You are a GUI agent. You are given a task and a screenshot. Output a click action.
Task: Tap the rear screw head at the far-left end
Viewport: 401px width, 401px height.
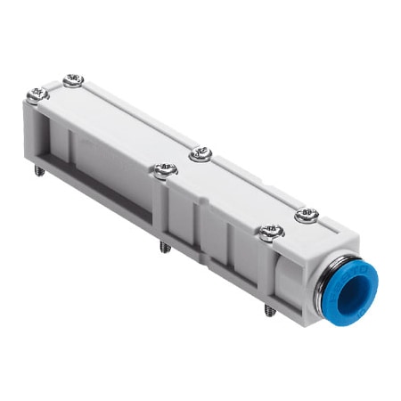coord(74,80)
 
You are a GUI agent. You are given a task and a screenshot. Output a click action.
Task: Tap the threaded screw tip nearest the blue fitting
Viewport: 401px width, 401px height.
coord(268,310)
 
